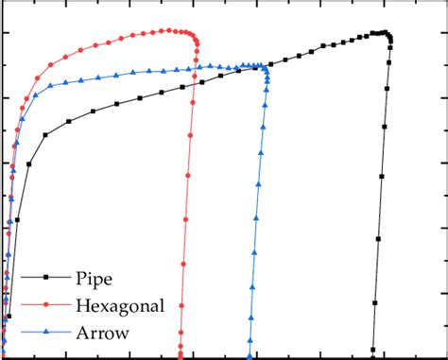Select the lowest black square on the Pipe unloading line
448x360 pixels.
point(373,348)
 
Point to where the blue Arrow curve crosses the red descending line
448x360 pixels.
point(197,67)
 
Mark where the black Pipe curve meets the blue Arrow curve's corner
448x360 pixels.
point(266,66)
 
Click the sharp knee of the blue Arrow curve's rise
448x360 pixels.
point(35,95)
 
